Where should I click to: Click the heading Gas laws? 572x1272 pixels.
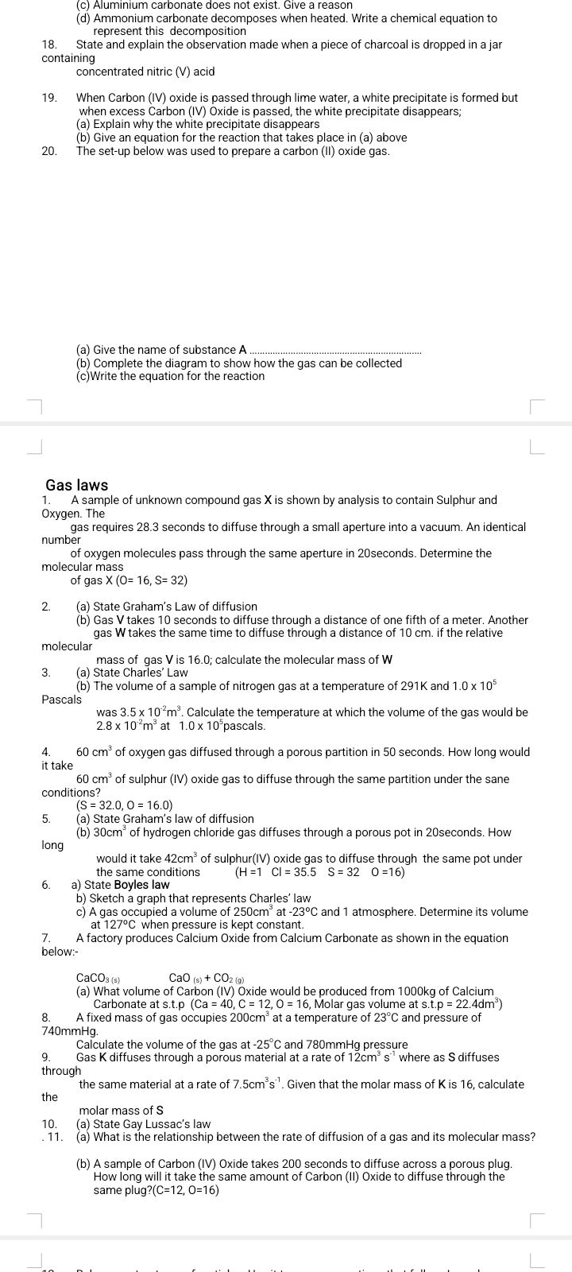coord(77,485)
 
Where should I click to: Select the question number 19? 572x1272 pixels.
coord(49,98)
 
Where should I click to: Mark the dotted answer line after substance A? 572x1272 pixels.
coord(336,351)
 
